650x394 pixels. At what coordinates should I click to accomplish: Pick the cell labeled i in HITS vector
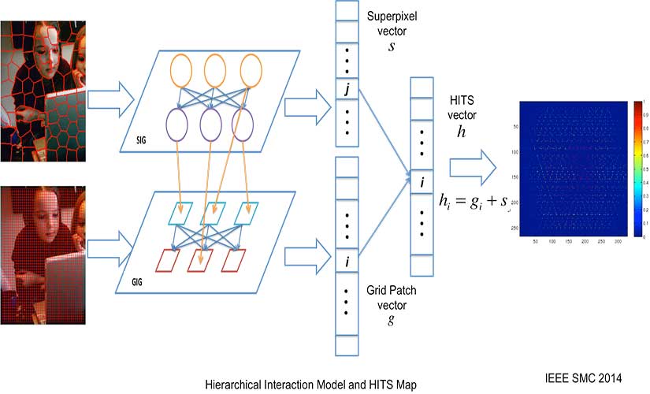coord(422,184)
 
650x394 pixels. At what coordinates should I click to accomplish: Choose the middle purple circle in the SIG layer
coord(211,124)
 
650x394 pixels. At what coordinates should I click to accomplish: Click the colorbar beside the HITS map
coord(637,169)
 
